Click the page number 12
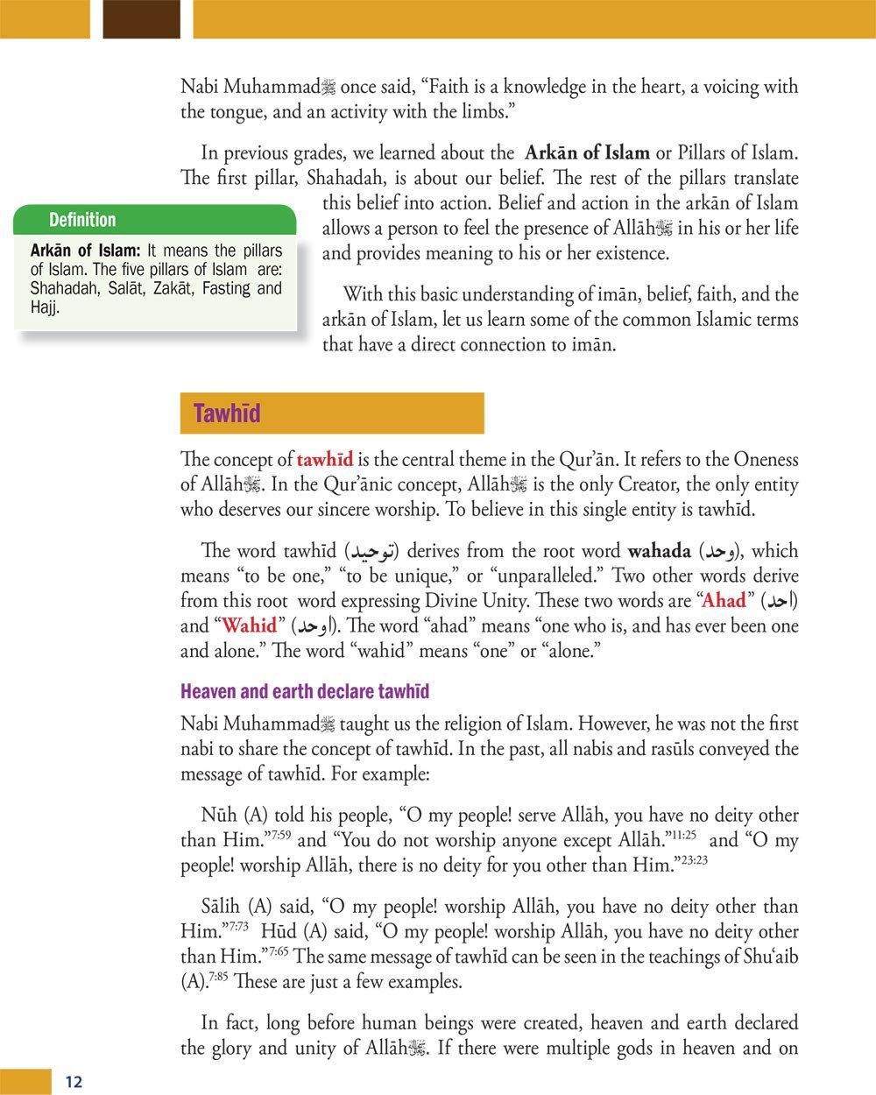point(74,1082)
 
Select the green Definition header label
point(82,220)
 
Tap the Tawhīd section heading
point(227,413)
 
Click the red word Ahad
point(724,601)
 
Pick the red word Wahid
point(249,626)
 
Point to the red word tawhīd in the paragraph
point(325,460)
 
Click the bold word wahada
point(660,552)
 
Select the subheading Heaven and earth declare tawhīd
point(305,692)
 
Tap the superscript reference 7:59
point(278,835)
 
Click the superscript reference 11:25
point(684,835)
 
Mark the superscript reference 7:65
point(278,951)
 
